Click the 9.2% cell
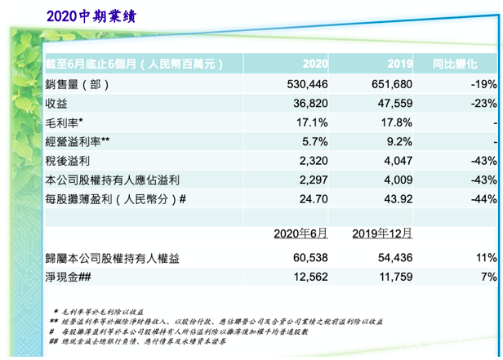click(399, 140)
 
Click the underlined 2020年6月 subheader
click(300, 233)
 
